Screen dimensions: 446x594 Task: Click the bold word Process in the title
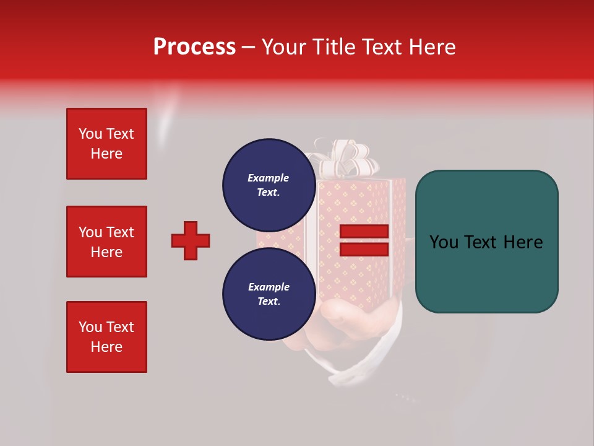tap(194, 47)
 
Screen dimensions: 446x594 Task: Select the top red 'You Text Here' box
tap(106, 144)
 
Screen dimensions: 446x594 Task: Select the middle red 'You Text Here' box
tap(106, 242)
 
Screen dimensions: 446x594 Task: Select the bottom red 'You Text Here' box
tap(106, 337)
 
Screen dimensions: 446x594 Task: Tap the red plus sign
tap(191, 240)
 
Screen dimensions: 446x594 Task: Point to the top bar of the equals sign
tap(364, 232)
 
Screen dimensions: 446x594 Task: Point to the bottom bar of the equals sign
tap(364, 250)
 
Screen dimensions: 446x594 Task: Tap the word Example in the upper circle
tap(269, 178)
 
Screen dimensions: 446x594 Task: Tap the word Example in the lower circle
tap(269, 287)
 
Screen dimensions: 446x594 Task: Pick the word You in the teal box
tap(444, 242)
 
